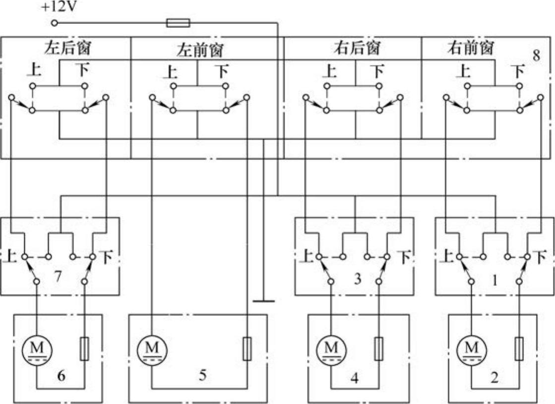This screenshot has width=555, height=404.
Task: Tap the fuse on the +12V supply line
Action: (177, 22)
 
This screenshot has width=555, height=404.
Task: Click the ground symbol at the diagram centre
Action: (263, 300)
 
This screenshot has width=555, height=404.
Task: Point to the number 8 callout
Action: (536, 56)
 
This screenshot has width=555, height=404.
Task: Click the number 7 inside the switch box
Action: (58, 276)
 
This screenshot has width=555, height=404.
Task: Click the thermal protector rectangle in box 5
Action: (247, 349)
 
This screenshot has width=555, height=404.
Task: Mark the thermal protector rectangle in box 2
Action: (519, 349)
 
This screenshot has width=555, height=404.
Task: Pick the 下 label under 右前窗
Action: (518, 71)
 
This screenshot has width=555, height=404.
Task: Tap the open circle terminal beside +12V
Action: (55, 23)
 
